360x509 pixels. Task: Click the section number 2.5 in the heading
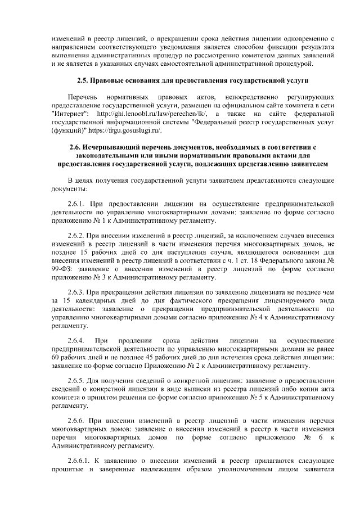pyautogui.click(x=83, y=80)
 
